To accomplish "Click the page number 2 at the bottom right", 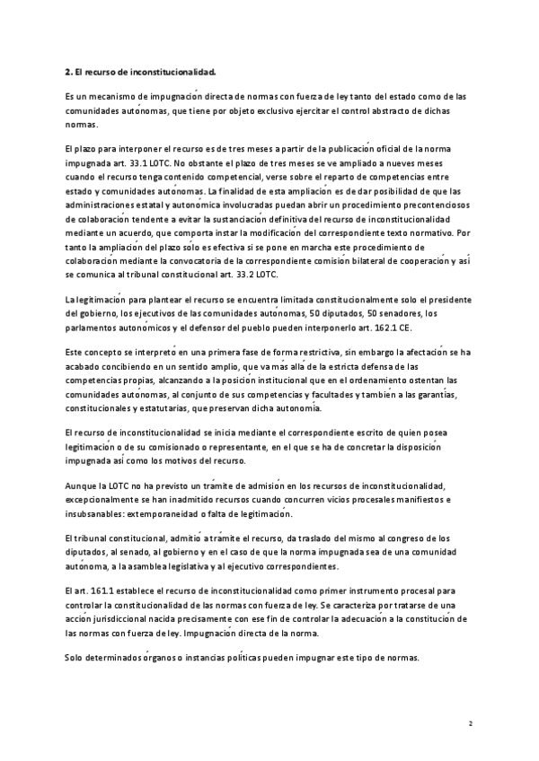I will [470, 722].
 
